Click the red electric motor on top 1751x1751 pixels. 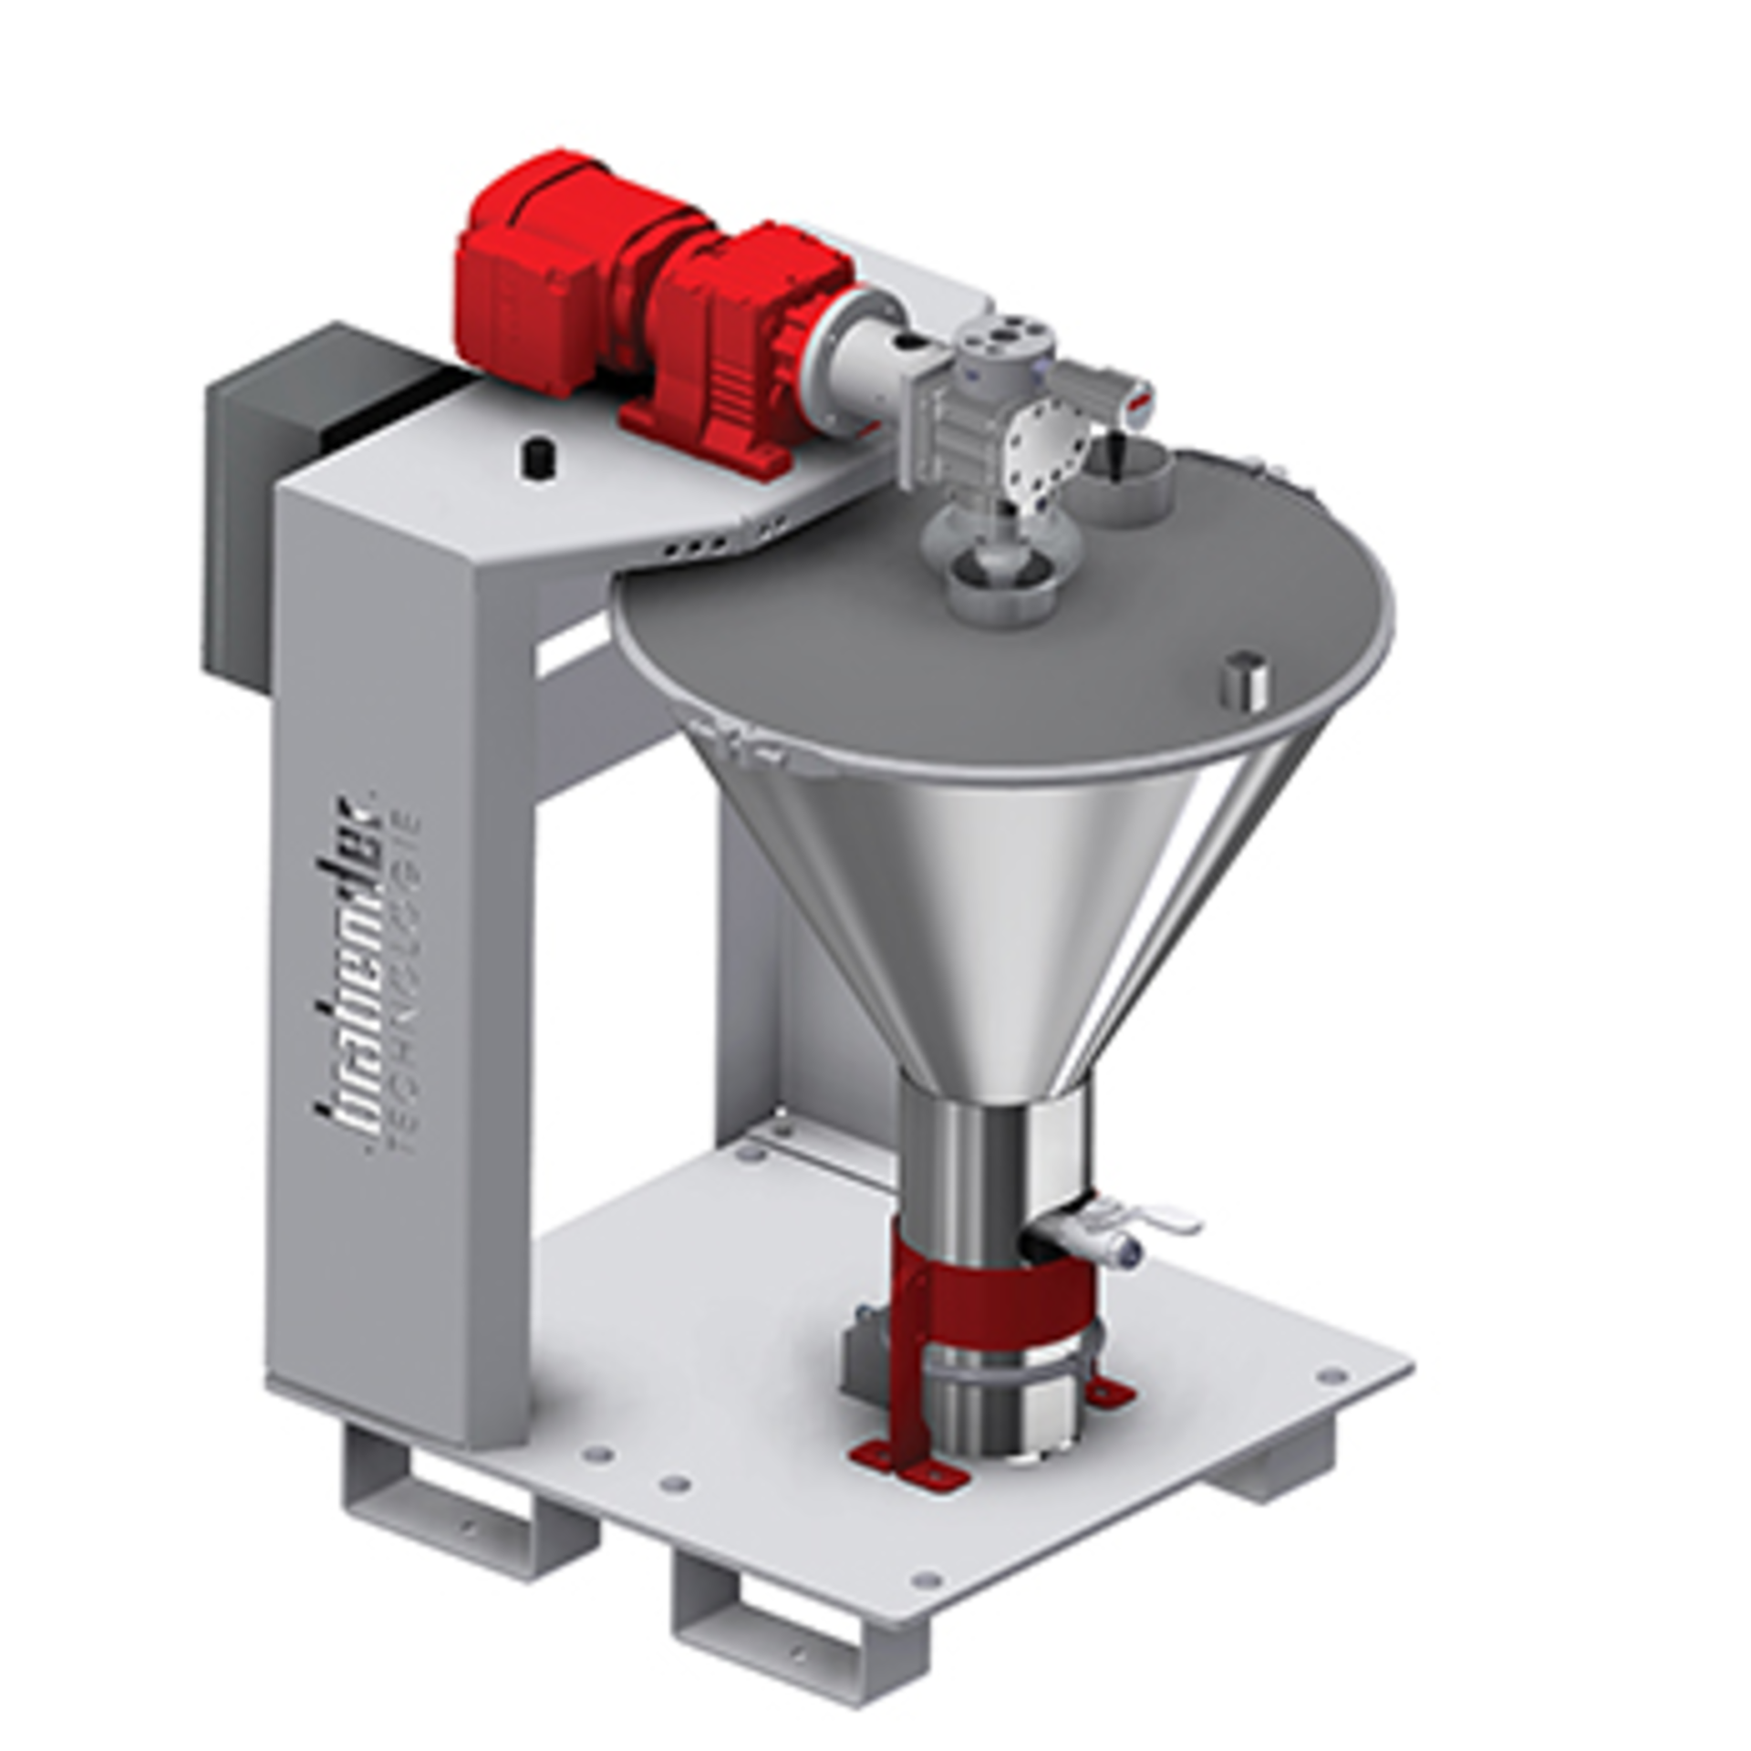[547, 274]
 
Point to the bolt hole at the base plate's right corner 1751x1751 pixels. [1331, 1401]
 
